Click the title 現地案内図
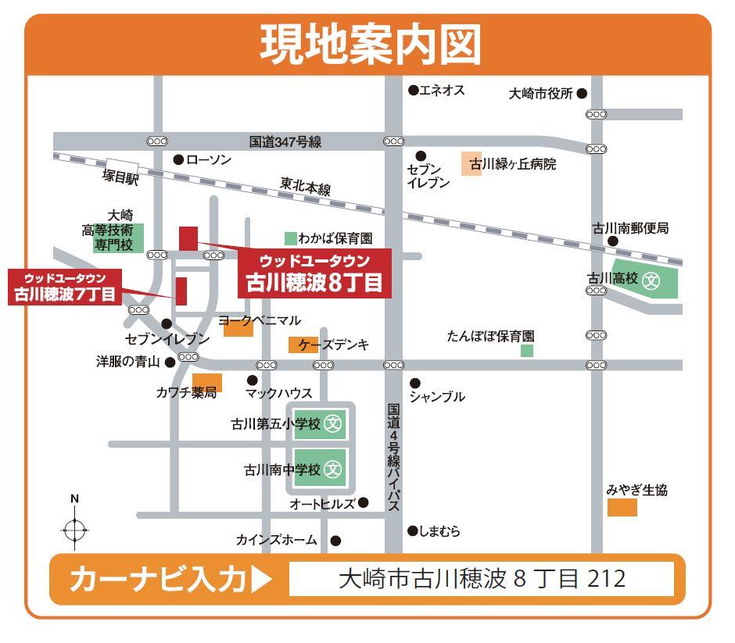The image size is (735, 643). [x=370, y=45]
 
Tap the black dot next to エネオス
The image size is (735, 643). [x=413, y=91]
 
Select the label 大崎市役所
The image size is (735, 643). [x=540, y=94]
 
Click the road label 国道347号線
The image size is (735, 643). [x=285, y=142]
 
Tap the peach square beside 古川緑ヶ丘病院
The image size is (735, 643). [x=471, y=164]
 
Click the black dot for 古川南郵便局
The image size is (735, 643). [x=613, y=241]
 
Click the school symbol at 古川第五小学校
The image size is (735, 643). [x=334, y=424]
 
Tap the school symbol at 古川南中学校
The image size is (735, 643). [x=334, y=470]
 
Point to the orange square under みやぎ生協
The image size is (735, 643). [x=622, y=508]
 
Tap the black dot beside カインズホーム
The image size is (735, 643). [x=335, y=541]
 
